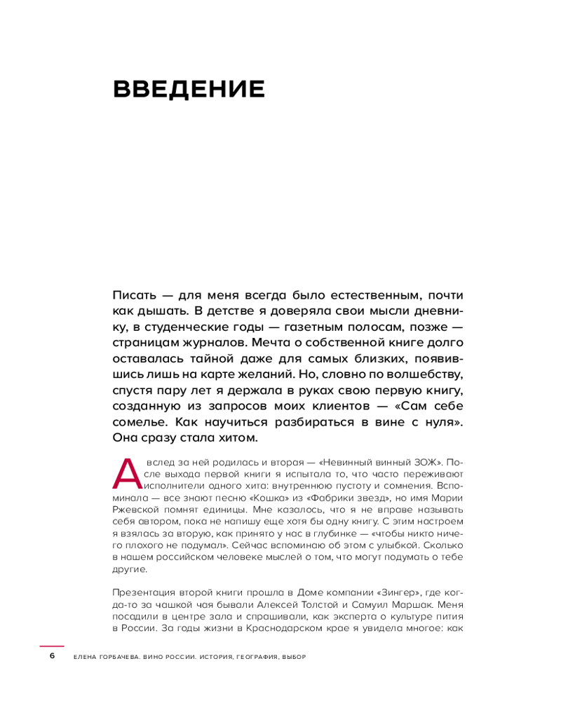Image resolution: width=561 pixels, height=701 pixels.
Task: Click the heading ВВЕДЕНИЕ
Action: tap(189, 90)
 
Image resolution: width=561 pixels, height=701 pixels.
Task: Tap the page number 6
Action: tap(51, 656)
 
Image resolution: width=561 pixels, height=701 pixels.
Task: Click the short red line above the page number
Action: tap(51, 646)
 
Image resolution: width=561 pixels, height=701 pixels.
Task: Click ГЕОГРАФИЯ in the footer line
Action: tap(252, 657)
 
